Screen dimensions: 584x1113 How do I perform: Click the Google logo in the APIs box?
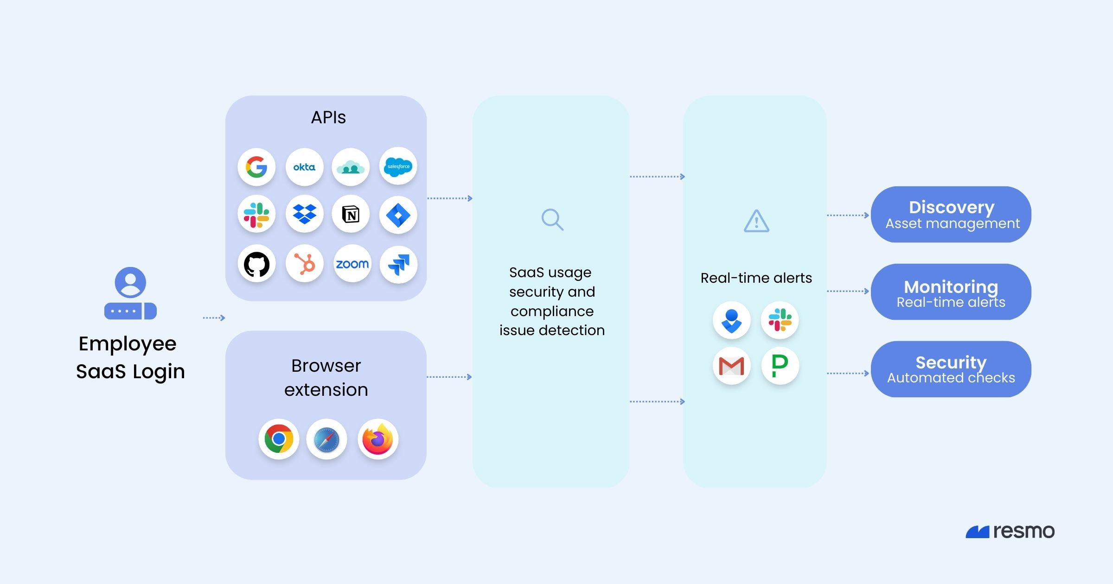coord(256,167)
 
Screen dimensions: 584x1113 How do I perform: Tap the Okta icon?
coord(304,167)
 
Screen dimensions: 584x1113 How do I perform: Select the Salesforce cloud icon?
coord(398,166)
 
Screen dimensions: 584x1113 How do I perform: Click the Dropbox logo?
coord(304,214)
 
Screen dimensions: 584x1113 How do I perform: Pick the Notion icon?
coord(351,215)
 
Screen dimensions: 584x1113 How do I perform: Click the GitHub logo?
coord(256,264)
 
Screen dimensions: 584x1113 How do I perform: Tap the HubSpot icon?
coord(304,264)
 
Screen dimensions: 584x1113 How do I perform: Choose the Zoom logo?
coord(352,264)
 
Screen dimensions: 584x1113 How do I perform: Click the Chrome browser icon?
coord(279,439)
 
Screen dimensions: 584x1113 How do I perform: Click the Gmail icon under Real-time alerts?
coord(731,366)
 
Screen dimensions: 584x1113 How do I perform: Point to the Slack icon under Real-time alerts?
coord(780,320)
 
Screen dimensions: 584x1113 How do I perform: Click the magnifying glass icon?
coord(552,220)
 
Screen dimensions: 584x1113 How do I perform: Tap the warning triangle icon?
coord(756,221)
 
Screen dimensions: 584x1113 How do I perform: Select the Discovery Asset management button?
coord(951,215)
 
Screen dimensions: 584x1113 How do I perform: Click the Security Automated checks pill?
coord(951,369)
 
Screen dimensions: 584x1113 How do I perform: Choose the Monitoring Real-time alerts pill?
coord(951,292)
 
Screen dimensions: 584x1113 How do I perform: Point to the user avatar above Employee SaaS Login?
coord(130,282)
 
